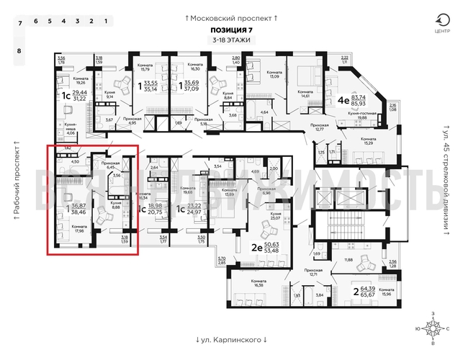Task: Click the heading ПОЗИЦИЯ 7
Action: pyautogui.click(x=231, y=30)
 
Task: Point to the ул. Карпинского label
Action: pyautogui.click(x=231, y=339)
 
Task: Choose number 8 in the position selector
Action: pyautogui.click(x=19, y=51)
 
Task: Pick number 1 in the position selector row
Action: pyautogui.click(x=106, y=22)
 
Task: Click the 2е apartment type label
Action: pyautogui.click(x=255, y=247)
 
